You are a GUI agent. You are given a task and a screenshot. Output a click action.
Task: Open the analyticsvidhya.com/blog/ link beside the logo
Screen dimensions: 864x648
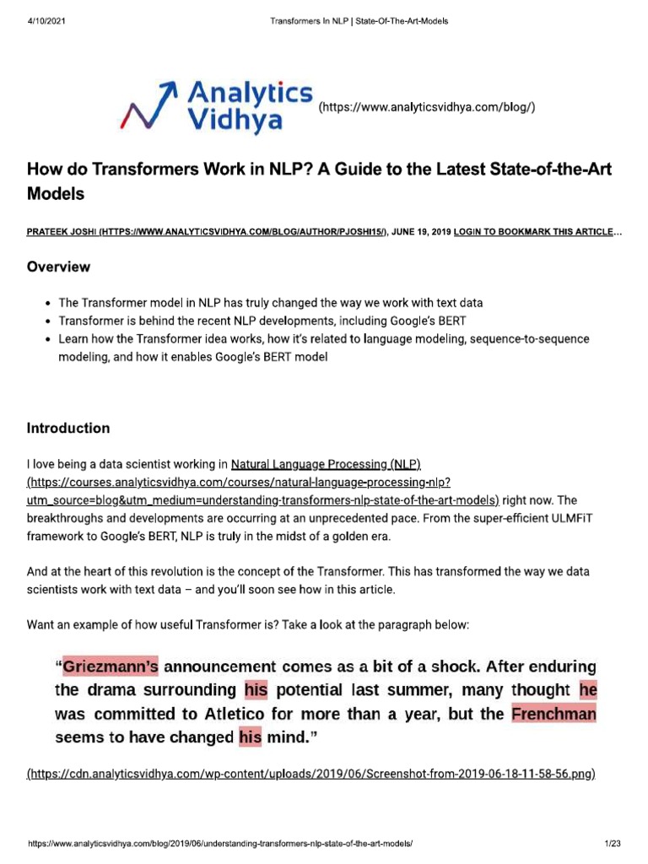coord(427,107)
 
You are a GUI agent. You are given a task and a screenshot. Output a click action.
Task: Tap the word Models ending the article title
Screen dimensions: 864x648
coord(57,193)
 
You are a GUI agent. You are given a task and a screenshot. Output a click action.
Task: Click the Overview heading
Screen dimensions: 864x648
coord(58,267)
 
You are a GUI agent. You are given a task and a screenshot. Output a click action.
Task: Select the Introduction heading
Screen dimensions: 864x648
coord(68,428)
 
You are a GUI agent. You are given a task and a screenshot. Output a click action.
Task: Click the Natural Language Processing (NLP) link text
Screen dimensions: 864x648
coord(326,465)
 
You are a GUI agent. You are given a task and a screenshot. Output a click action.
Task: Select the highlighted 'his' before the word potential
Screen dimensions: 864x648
coord(255,690)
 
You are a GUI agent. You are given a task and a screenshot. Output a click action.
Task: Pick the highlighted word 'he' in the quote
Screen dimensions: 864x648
coord(588,690)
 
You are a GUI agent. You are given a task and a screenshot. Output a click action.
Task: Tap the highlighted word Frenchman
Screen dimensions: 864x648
coord(553,714)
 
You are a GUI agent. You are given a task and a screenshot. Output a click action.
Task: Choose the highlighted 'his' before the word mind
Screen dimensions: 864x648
coord(250,737)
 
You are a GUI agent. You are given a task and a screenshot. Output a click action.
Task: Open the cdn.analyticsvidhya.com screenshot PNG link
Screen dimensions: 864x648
coord(311,774)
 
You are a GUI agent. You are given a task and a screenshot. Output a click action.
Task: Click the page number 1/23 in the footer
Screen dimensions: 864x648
coord(612,844)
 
